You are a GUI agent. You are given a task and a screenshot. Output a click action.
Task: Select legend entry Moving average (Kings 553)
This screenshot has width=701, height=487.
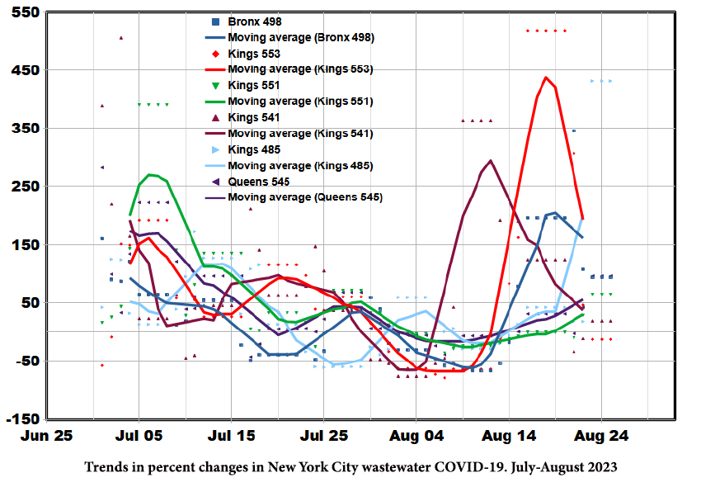(300, 69)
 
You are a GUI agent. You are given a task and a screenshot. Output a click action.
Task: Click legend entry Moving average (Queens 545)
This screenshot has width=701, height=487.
(305, 197)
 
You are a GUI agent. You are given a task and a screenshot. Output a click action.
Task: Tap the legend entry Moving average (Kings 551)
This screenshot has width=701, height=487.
(300, 102)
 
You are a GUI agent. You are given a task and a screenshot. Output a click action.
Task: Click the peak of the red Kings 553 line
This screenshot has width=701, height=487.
(546, 78)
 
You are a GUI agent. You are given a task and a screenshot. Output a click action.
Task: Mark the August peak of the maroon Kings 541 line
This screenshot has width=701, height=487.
(491, 160)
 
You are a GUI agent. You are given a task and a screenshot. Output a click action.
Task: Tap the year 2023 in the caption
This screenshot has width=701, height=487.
(601, 467)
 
